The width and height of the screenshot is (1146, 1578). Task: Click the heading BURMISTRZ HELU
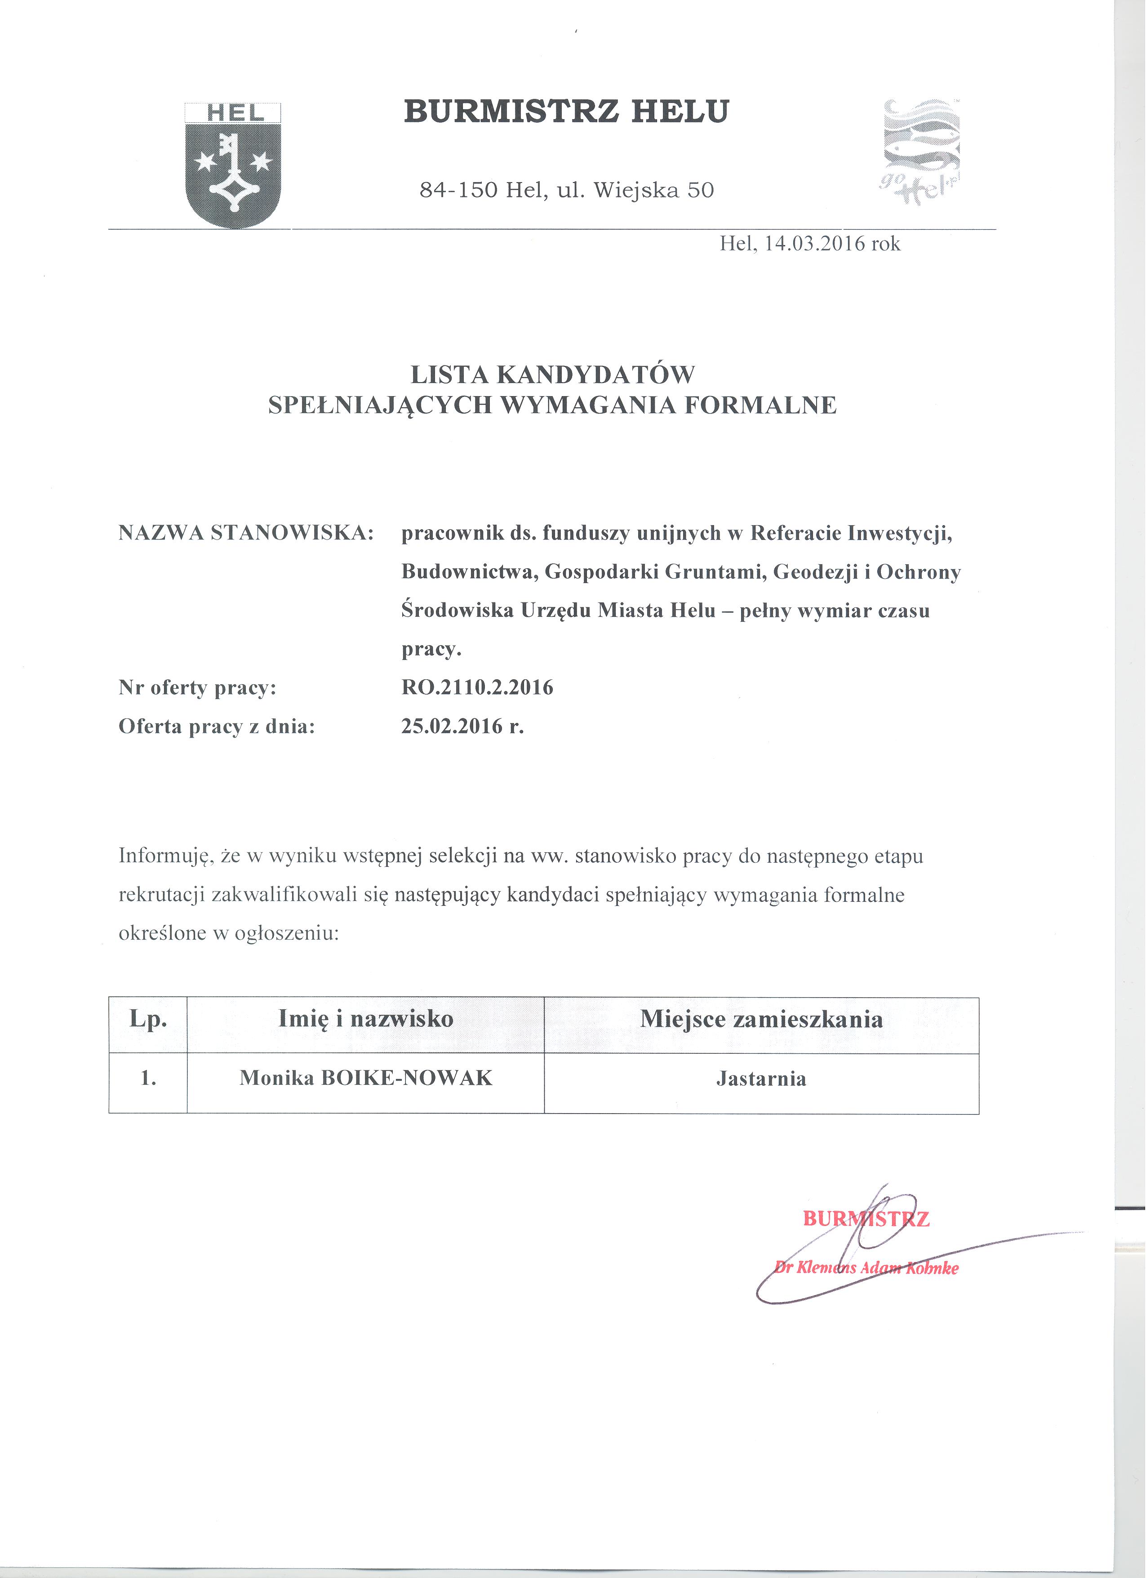click(x=566, y=112)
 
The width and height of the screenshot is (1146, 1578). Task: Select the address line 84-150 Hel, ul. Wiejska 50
click(x=567, y=190)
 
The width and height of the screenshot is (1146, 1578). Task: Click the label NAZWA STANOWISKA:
click(x=246, y=533)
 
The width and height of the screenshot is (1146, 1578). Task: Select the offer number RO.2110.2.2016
click(x=477, y=687)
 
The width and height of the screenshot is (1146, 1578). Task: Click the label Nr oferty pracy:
click(x=197, y=687)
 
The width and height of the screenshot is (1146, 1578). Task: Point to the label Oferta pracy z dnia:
click(x=217, y=727)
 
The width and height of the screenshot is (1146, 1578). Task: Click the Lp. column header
click(x=148, y=1019)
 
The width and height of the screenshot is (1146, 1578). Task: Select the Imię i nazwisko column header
click(x=366, y=1019)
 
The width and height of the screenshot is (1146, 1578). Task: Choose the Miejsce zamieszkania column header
click(x=761, y=1019)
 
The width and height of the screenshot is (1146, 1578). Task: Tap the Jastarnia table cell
click(x=761, y=1079)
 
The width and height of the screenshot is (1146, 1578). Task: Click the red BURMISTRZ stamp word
click(x=866, y=1219)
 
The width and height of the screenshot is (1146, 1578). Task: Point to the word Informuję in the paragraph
click(x=164, y=856)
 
